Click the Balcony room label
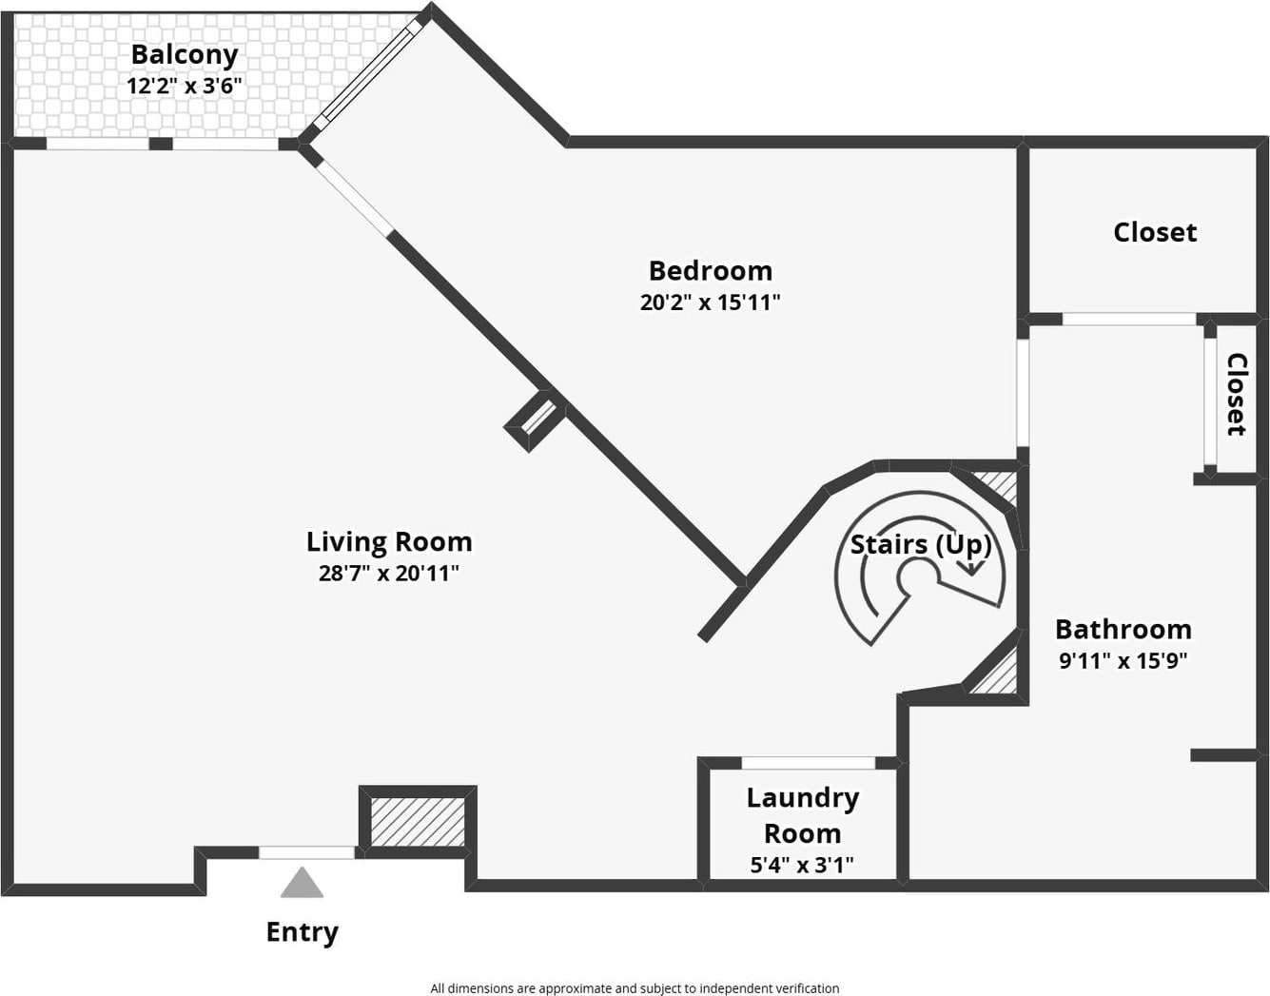[185, 54]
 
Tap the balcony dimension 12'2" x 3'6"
[185, 86]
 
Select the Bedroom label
[711, 271]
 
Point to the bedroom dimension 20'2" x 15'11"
[711, 303]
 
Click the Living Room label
[389, 542]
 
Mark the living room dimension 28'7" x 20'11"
[389, 574]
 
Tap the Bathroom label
[1123, 630]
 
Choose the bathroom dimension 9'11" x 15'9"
[1123, 660]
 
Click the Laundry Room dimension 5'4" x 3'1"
[802, 865]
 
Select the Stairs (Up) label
[920, 545]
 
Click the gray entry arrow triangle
[302, 883]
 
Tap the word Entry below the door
[302, 932]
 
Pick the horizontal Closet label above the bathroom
[1155, 232]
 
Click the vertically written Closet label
[1236, 395]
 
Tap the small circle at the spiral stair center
[917, 576]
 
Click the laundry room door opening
[809, 763]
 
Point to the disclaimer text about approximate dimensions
[635, 988]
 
